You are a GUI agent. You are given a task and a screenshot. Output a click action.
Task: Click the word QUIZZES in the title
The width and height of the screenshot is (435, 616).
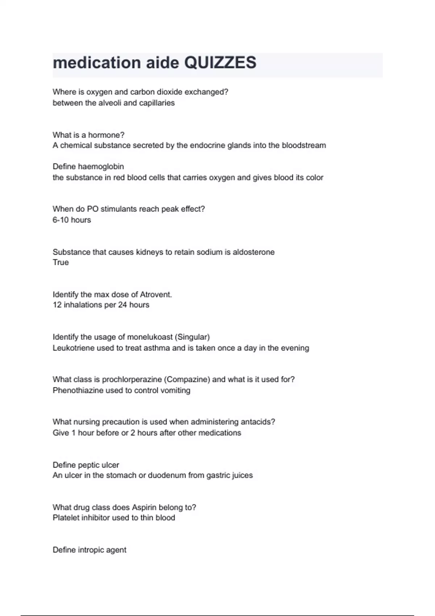coord(220,63)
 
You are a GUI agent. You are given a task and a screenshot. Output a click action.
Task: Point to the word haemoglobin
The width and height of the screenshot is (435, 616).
coord(101,167)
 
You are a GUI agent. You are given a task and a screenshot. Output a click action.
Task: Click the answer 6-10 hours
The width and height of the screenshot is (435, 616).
coord(72,220)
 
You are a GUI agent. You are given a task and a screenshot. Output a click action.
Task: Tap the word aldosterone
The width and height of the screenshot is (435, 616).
coord(253,252)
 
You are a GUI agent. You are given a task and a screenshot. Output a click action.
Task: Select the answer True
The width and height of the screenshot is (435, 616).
coord(61,262)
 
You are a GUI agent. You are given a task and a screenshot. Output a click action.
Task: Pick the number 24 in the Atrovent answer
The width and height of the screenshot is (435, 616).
coord(122,305)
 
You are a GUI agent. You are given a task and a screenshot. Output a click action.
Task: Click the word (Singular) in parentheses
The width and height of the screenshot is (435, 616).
coord(192,337)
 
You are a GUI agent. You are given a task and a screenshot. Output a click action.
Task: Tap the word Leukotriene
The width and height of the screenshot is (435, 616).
coord(73,348)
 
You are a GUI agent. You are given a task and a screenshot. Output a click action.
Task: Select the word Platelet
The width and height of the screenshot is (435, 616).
coord(66,518)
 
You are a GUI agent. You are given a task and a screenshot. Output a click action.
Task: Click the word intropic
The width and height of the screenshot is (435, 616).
coord(91,550)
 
